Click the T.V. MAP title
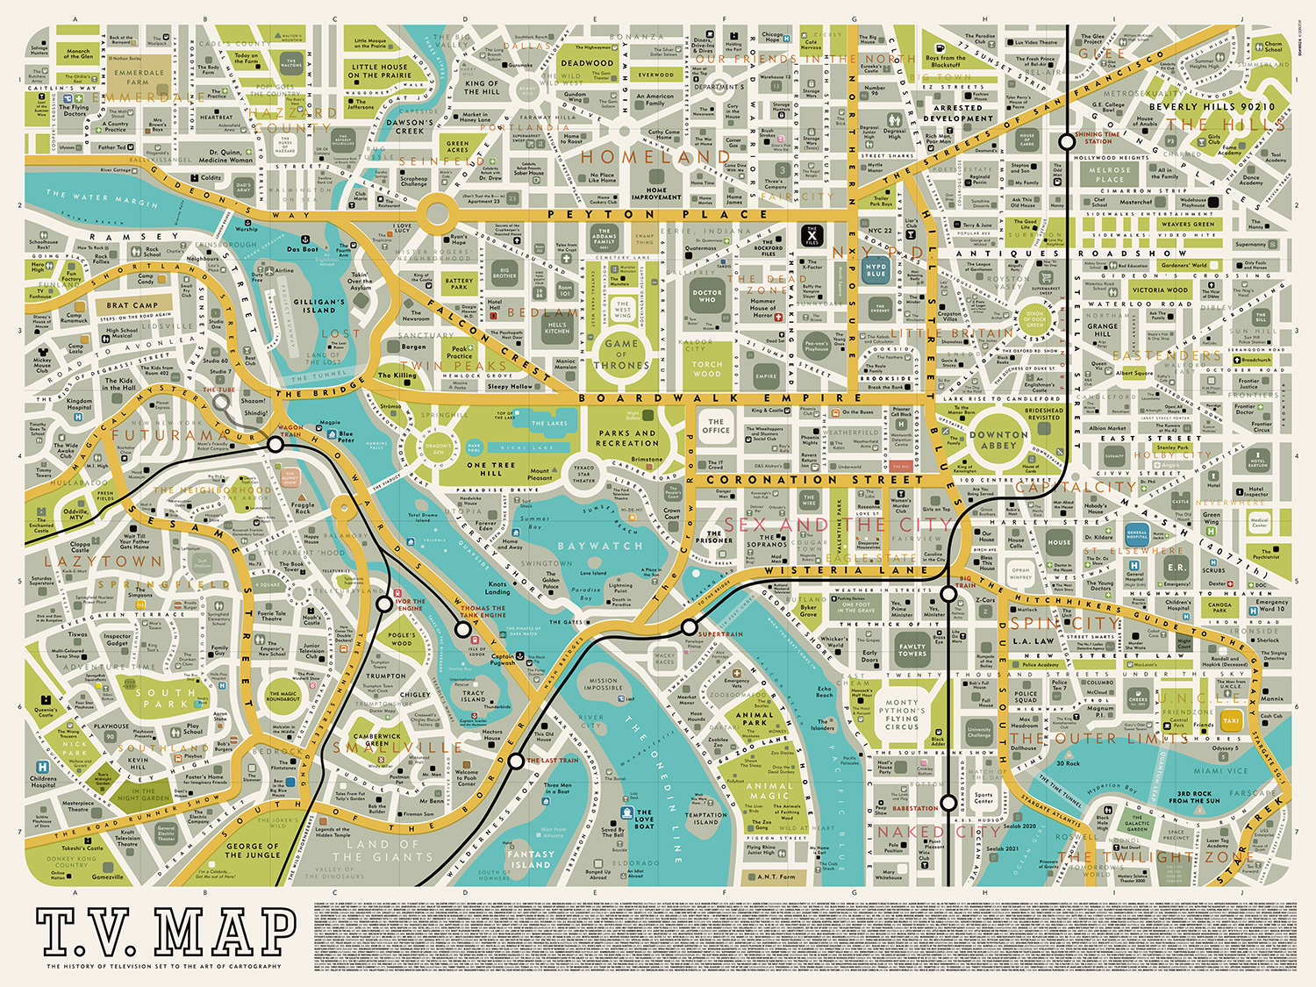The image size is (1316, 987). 167,932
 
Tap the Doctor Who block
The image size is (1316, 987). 707,297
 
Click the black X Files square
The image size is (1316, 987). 812,234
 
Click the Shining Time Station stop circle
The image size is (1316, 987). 1067,140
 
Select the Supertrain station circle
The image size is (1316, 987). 690,626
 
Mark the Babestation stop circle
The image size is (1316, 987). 948,802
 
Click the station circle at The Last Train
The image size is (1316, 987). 516,760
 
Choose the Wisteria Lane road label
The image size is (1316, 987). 846,570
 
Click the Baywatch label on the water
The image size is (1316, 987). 600,546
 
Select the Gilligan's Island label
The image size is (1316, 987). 318,305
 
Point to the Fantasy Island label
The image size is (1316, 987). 530,859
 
